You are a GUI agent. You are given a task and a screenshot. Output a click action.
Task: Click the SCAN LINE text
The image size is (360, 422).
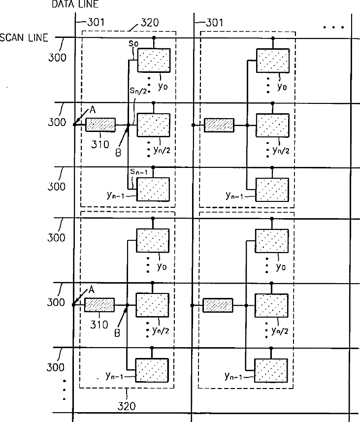coord(24,38)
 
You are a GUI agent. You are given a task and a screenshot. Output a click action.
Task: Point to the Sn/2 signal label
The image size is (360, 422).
coord(137,91)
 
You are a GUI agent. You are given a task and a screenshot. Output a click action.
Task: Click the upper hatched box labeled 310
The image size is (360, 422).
coord(100,125)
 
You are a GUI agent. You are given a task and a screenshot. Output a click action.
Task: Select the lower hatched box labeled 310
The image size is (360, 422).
coord(99,305)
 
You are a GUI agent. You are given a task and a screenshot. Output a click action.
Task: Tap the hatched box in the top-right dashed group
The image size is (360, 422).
coord(219,125)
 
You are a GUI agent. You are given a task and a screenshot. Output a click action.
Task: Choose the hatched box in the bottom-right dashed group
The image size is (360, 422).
coord(218,305)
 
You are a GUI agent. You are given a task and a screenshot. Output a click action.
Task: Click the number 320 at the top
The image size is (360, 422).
coord(150,22)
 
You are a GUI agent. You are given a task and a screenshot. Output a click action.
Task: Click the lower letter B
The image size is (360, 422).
coord(117,333)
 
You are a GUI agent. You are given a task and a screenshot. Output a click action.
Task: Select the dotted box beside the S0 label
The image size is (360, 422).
coord(154,61)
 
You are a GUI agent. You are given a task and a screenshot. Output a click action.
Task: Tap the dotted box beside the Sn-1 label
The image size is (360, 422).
coord(154,190)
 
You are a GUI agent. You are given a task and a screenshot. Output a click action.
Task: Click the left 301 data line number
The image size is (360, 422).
coord(95,22)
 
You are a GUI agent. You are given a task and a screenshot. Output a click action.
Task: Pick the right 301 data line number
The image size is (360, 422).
coord(214,22)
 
